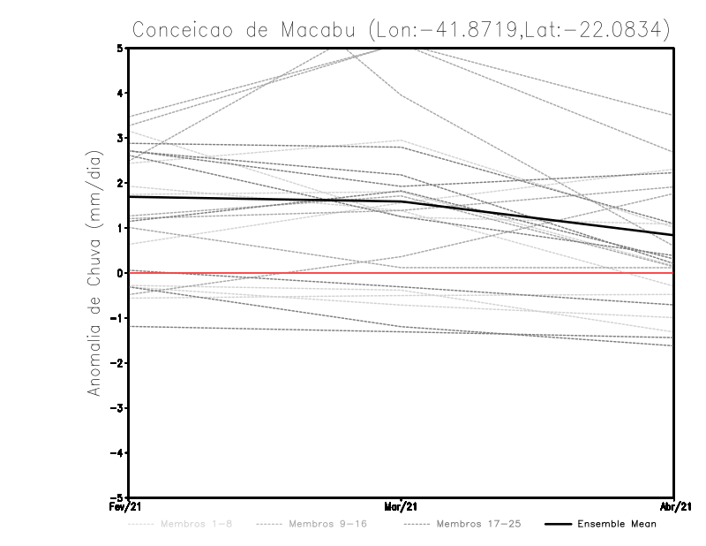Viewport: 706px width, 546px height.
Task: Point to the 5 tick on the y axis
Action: pos(120,48)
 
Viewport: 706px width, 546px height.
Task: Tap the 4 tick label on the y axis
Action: pos(120,93)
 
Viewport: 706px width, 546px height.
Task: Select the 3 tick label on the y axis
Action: pos(120,138)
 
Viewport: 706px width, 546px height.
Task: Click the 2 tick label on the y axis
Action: pos(120,183)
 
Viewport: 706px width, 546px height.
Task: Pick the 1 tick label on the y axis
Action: pos(120,228)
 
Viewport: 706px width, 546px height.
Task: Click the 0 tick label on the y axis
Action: pos(120,273)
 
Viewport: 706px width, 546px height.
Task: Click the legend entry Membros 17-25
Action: pos(477,524)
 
